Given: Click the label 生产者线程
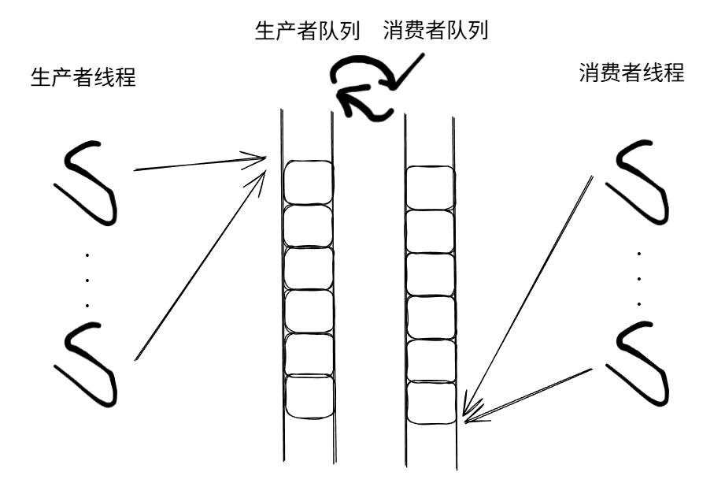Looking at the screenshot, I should [x=83, y=79].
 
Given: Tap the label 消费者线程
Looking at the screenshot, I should [x=631, y=74].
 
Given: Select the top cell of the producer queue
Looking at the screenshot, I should [x=309, y=182].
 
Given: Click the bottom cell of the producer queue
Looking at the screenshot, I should [x=309, y=398].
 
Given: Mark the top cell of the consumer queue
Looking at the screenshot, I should [x=430, y=188].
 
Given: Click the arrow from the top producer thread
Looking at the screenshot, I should [x=201, y=164].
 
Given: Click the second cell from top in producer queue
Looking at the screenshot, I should [x=309, y=225].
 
